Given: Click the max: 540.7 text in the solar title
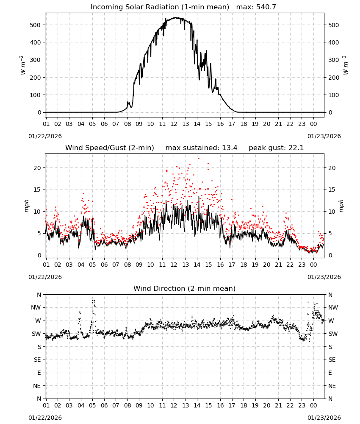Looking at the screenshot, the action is click(x=256, y=7).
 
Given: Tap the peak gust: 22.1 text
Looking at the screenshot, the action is click(x=276, y=148).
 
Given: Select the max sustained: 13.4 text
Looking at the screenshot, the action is click(x=201, y=148).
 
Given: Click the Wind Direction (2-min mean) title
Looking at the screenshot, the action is click(x=185, y=288).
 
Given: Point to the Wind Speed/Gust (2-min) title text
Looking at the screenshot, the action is click(x=110, y=148).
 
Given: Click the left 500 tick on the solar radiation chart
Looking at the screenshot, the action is click(x=35, y=25).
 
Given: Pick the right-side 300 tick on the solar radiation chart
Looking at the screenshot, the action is click(x=334, y=60).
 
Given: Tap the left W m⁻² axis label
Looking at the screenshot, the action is click(x=22, y=65).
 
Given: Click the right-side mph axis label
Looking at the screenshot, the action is click(x=341, y=206).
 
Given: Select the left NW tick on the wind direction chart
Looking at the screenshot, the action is click(x=36, y=307).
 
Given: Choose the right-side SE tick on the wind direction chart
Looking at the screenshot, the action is click(x=332, y=360).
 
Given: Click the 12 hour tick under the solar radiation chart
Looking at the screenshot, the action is click(x=174, y=124).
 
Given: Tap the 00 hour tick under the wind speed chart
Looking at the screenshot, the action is click(x=313, y=265).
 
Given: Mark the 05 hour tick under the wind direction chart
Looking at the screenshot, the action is click(x=92, y=405).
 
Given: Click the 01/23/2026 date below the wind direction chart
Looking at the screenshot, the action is click(x=324, y=418).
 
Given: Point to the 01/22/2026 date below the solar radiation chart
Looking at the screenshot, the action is click(x=45, y=136).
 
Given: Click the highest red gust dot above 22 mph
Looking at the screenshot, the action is click(x=199, y=159).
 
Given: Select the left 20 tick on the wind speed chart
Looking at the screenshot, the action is click(x=37, y=168).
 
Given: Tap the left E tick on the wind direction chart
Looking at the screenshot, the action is click(x=39, y=373).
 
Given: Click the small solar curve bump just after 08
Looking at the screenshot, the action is click(x=128, y=102).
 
